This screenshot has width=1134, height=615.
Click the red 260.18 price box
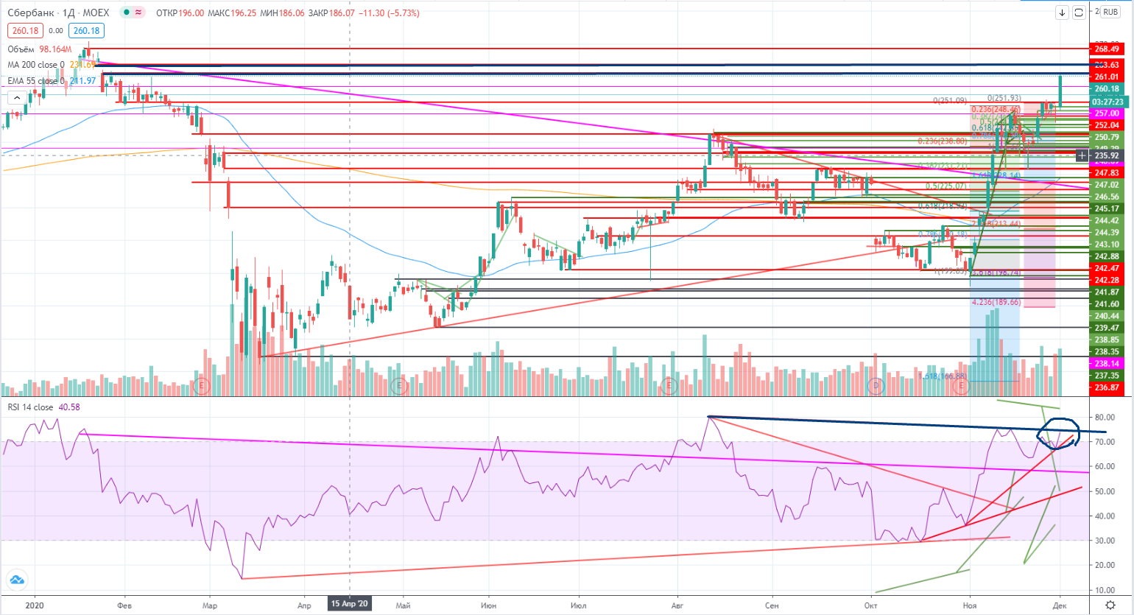[25, 31]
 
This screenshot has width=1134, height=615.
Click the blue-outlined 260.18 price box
[86, 31]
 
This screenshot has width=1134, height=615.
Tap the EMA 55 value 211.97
[82, 81]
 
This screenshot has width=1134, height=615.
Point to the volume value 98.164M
[56, 49]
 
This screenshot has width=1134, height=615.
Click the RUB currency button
[1110, 13]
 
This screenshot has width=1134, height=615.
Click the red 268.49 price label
[1107, 49]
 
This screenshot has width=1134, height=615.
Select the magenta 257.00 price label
[1107, 113]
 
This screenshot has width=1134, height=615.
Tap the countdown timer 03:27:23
[1107, 102]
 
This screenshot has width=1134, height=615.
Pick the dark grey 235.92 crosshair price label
[1107, 156]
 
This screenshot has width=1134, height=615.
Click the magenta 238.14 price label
[1107, 364]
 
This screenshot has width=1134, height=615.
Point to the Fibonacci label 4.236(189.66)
[996, 303]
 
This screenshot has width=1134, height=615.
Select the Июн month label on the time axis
[488, 605]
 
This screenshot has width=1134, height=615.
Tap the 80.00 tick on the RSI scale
[1105, 418]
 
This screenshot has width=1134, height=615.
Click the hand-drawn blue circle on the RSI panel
[1058, 432]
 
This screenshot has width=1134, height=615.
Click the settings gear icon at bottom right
[1110, 605]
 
